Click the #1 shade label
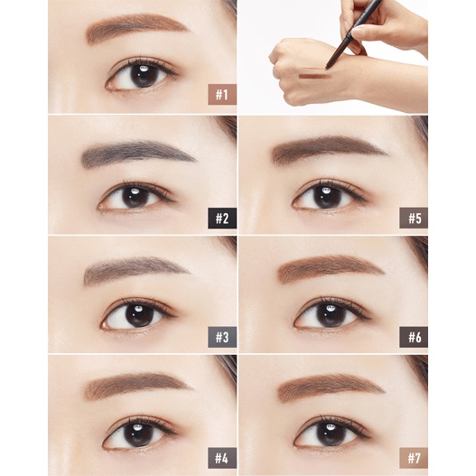coord(222,95)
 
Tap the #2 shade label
coord(222,219)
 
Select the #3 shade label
coord(222,337)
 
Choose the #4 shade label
coord(222,458)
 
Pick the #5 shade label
coord(414,219)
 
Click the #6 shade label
coord(414,337)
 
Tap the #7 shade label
coord(414,458)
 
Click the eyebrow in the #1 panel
coord(136,27)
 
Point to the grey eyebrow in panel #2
coord(136,153)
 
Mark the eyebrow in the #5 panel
coord(328,148)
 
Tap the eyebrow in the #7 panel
coord(330,387)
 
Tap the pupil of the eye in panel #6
coord(329,315)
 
